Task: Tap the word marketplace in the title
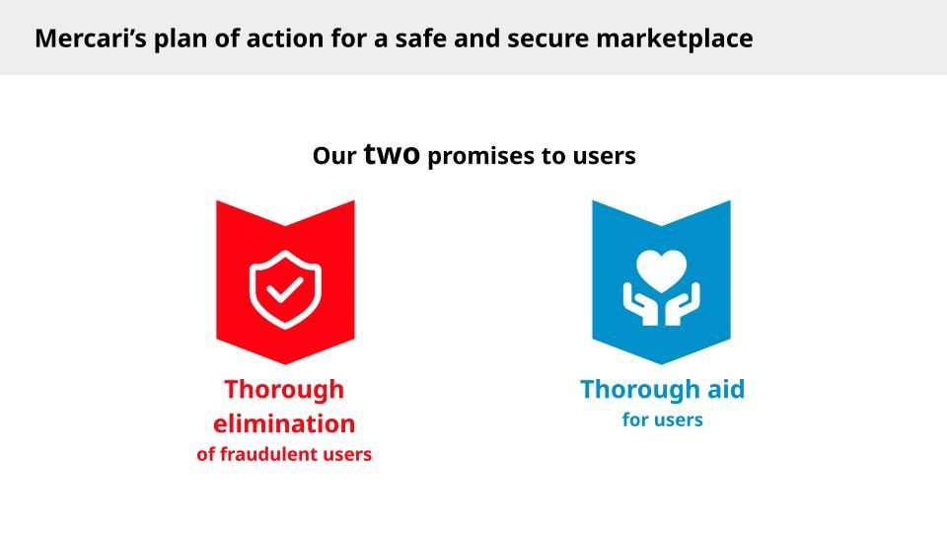[x=675, y=39]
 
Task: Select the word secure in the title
[x=547, y=39]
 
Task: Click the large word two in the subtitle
[x=392, y=154]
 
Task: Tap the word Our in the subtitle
[x=334, y=156]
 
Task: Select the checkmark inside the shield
[x=285, y=289]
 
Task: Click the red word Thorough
[x=284, y=390]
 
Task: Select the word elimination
[x=284, y=423]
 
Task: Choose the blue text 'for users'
[x=663, y=419]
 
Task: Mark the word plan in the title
[x=176, y=39]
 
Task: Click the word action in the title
[x=285, y=38]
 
